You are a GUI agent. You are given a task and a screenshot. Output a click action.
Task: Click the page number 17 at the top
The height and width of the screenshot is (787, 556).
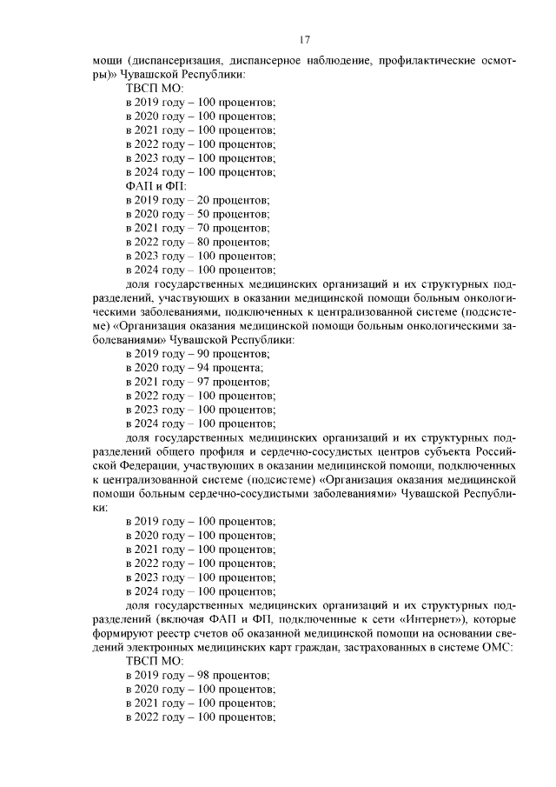[305, 39]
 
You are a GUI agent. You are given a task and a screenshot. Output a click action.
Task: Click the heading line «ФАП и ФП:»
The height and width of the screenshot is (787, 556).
[150, 186]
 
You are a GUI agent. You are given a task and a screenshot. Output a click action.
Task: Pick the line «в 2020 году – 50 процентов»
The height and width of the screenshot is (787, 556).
[197, 214]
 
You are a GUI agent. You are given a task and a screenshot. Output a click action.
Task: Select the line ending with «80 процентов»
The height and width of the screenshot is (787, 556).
[197, 242]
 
